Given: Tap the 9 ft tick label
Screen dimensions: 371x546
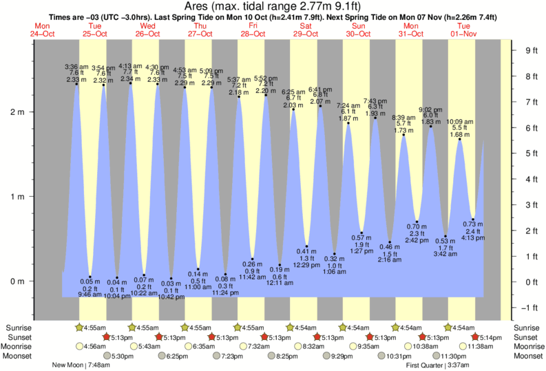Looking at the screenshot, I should coord(531,50).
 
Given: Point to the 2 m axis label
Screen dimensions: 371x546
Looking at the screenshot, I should coord(17,112).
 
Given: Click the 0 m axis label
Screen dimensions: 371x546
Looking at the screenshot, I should coord(17,282).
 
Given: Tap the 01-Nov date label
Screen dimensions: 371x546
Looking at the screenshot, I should coord(463,34).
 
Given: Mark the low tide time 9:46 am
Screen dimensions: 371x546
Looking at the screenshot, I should coord(90,294).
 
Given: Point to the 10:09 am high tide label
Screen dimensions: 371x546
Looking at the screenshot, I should coord(459,121).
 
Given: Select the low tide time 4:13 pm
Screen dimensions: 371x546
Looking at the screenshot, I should coord(472,238).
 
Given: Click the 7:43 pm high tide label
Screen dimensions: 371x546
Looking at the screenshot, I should coord(376,100).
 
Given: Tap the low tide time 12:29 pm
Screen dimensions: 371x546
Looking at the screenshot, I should coord(306,265).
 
